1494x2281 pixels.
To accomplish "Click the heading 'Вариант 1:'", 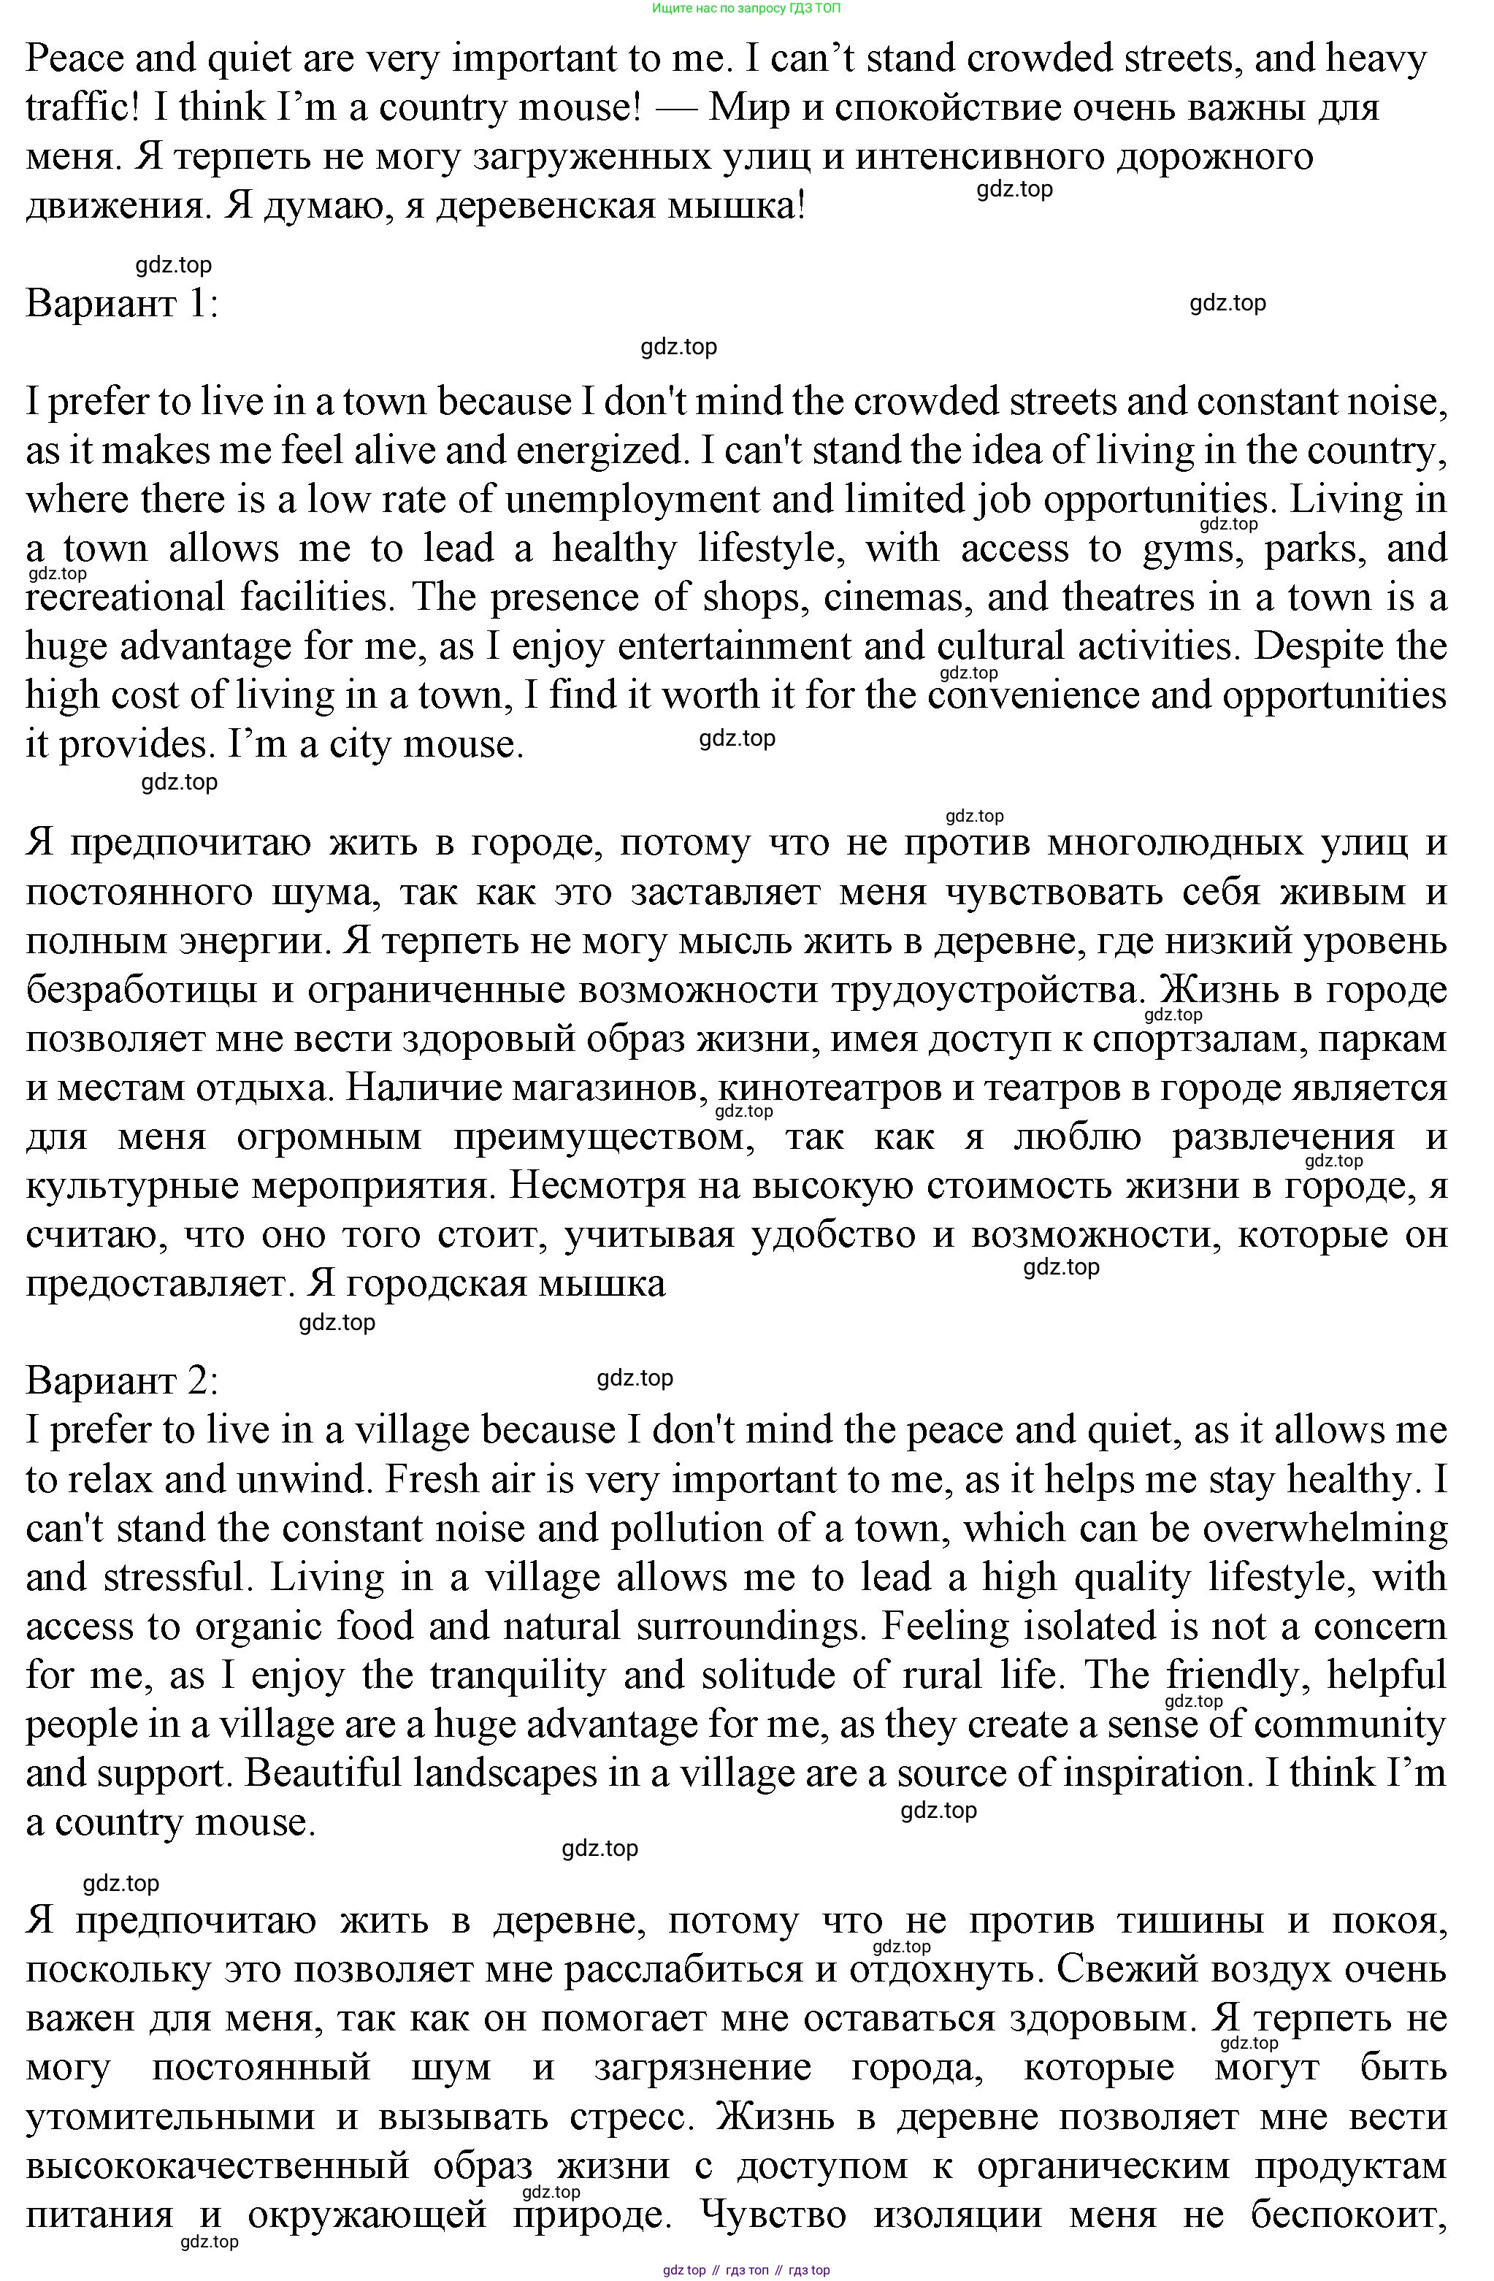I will [122, 304].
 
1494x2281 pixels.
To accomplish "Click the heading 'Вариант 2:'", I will [122, 1381].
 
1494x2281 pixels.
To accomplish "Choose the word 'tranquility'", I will [518, 1676].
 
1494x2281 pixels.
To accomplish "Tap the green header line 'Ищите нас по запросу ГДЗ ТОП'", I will [746, 7].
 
